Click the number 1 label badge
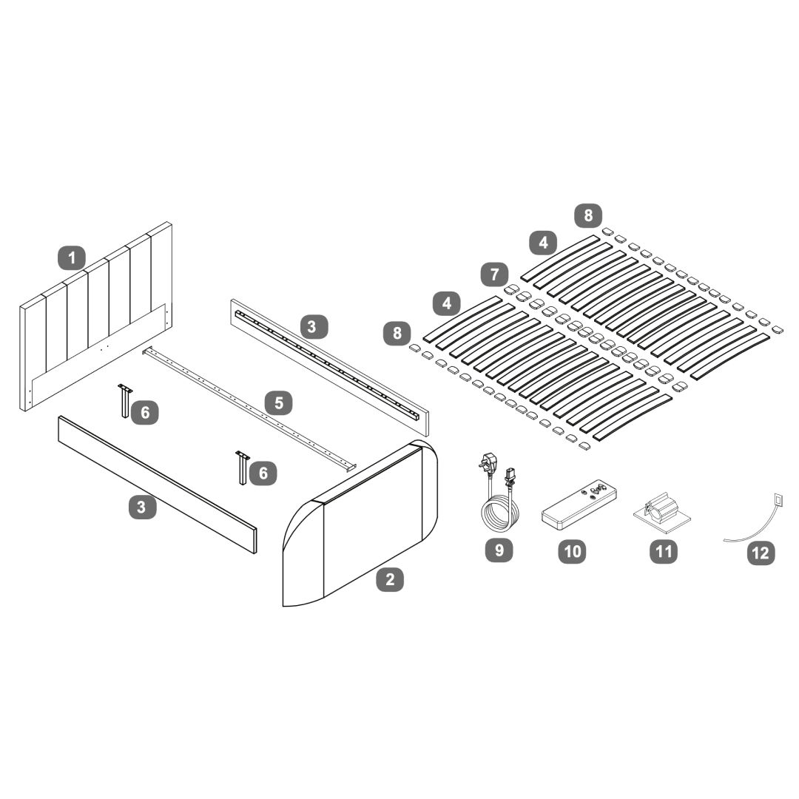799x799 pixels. pos(72,258)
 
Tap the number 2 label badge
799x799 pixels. pos(390,579)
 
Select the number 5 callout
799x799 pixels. pos(279,403)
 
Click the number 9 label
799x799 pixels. pos(499,550)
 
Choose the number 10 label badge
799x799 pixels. pos(573,550)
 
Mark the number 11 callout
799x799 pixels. pos(663,551)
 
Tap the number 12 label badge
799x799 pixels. pos(761,553)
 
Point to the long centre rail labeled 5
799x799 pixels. pos(252,407)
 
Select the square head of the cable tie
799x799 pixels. pos(777,500)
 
